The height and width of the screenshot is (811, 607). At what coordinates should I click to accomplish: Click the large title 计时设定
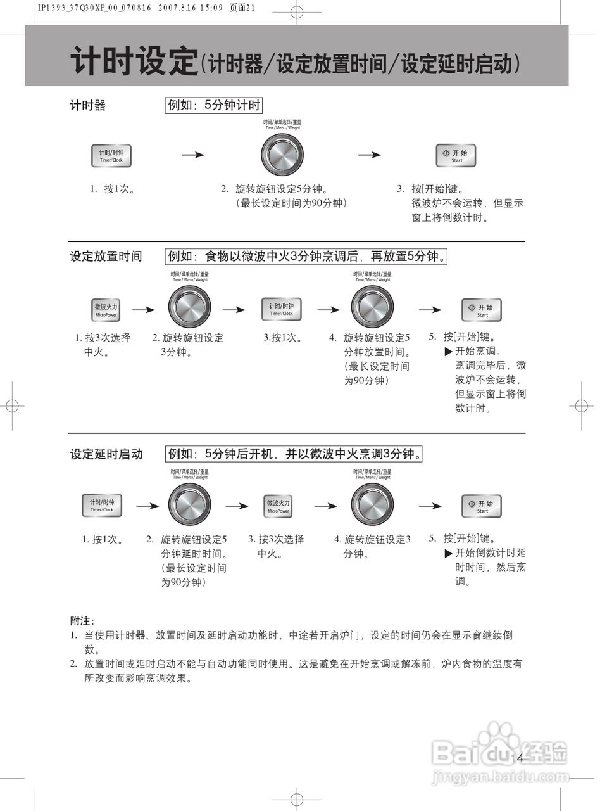[134, 61]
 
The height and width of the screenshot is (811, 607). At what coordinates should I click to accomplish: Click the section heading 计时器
[87, 105]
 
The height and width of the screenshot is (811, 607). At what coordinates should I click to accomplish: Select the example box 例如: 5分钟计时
[213, 105]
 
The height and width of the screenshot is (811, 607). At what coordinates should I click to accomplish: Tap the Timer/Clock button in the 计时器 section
[111, 155]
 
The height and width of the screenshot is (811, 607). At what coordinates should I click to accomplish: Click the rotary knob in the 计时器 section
[282, 155]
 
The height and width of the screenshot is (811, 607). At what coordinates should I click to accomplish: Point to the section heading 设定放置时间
[106, 256]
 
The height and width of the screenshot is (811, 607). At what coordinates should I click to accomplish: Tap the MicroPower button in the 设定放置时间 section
[106, 310]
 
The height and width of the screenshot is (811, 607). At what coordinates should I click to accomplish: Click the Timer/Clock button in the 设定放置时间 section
[281, 309]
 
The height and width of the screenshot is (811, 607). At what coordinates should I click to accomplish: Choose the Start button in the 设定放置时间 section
[481, 310]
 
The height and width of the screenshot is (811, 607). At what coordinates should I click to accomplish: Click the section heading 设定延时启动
[106, 454]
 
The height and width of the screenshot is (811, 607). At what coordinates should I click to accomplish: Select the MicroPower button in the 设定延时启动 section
[278, 506]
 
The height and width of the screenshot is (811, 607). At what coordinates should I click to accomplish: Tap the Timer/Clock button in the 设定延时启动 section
[101, 505]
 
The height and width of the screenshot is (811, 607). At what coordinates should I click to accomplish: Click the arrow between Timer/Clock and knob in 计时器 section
[193, 155]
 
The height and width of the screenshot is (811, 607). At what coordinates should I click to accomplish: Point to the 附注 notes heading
[81, 621]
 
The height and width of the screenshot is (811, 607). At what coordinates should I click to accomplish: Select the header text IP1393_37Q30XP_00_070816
[94, 8]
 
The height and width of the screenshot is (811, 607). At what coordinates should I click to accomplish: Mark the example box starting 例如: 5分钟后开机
[294, 454]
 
